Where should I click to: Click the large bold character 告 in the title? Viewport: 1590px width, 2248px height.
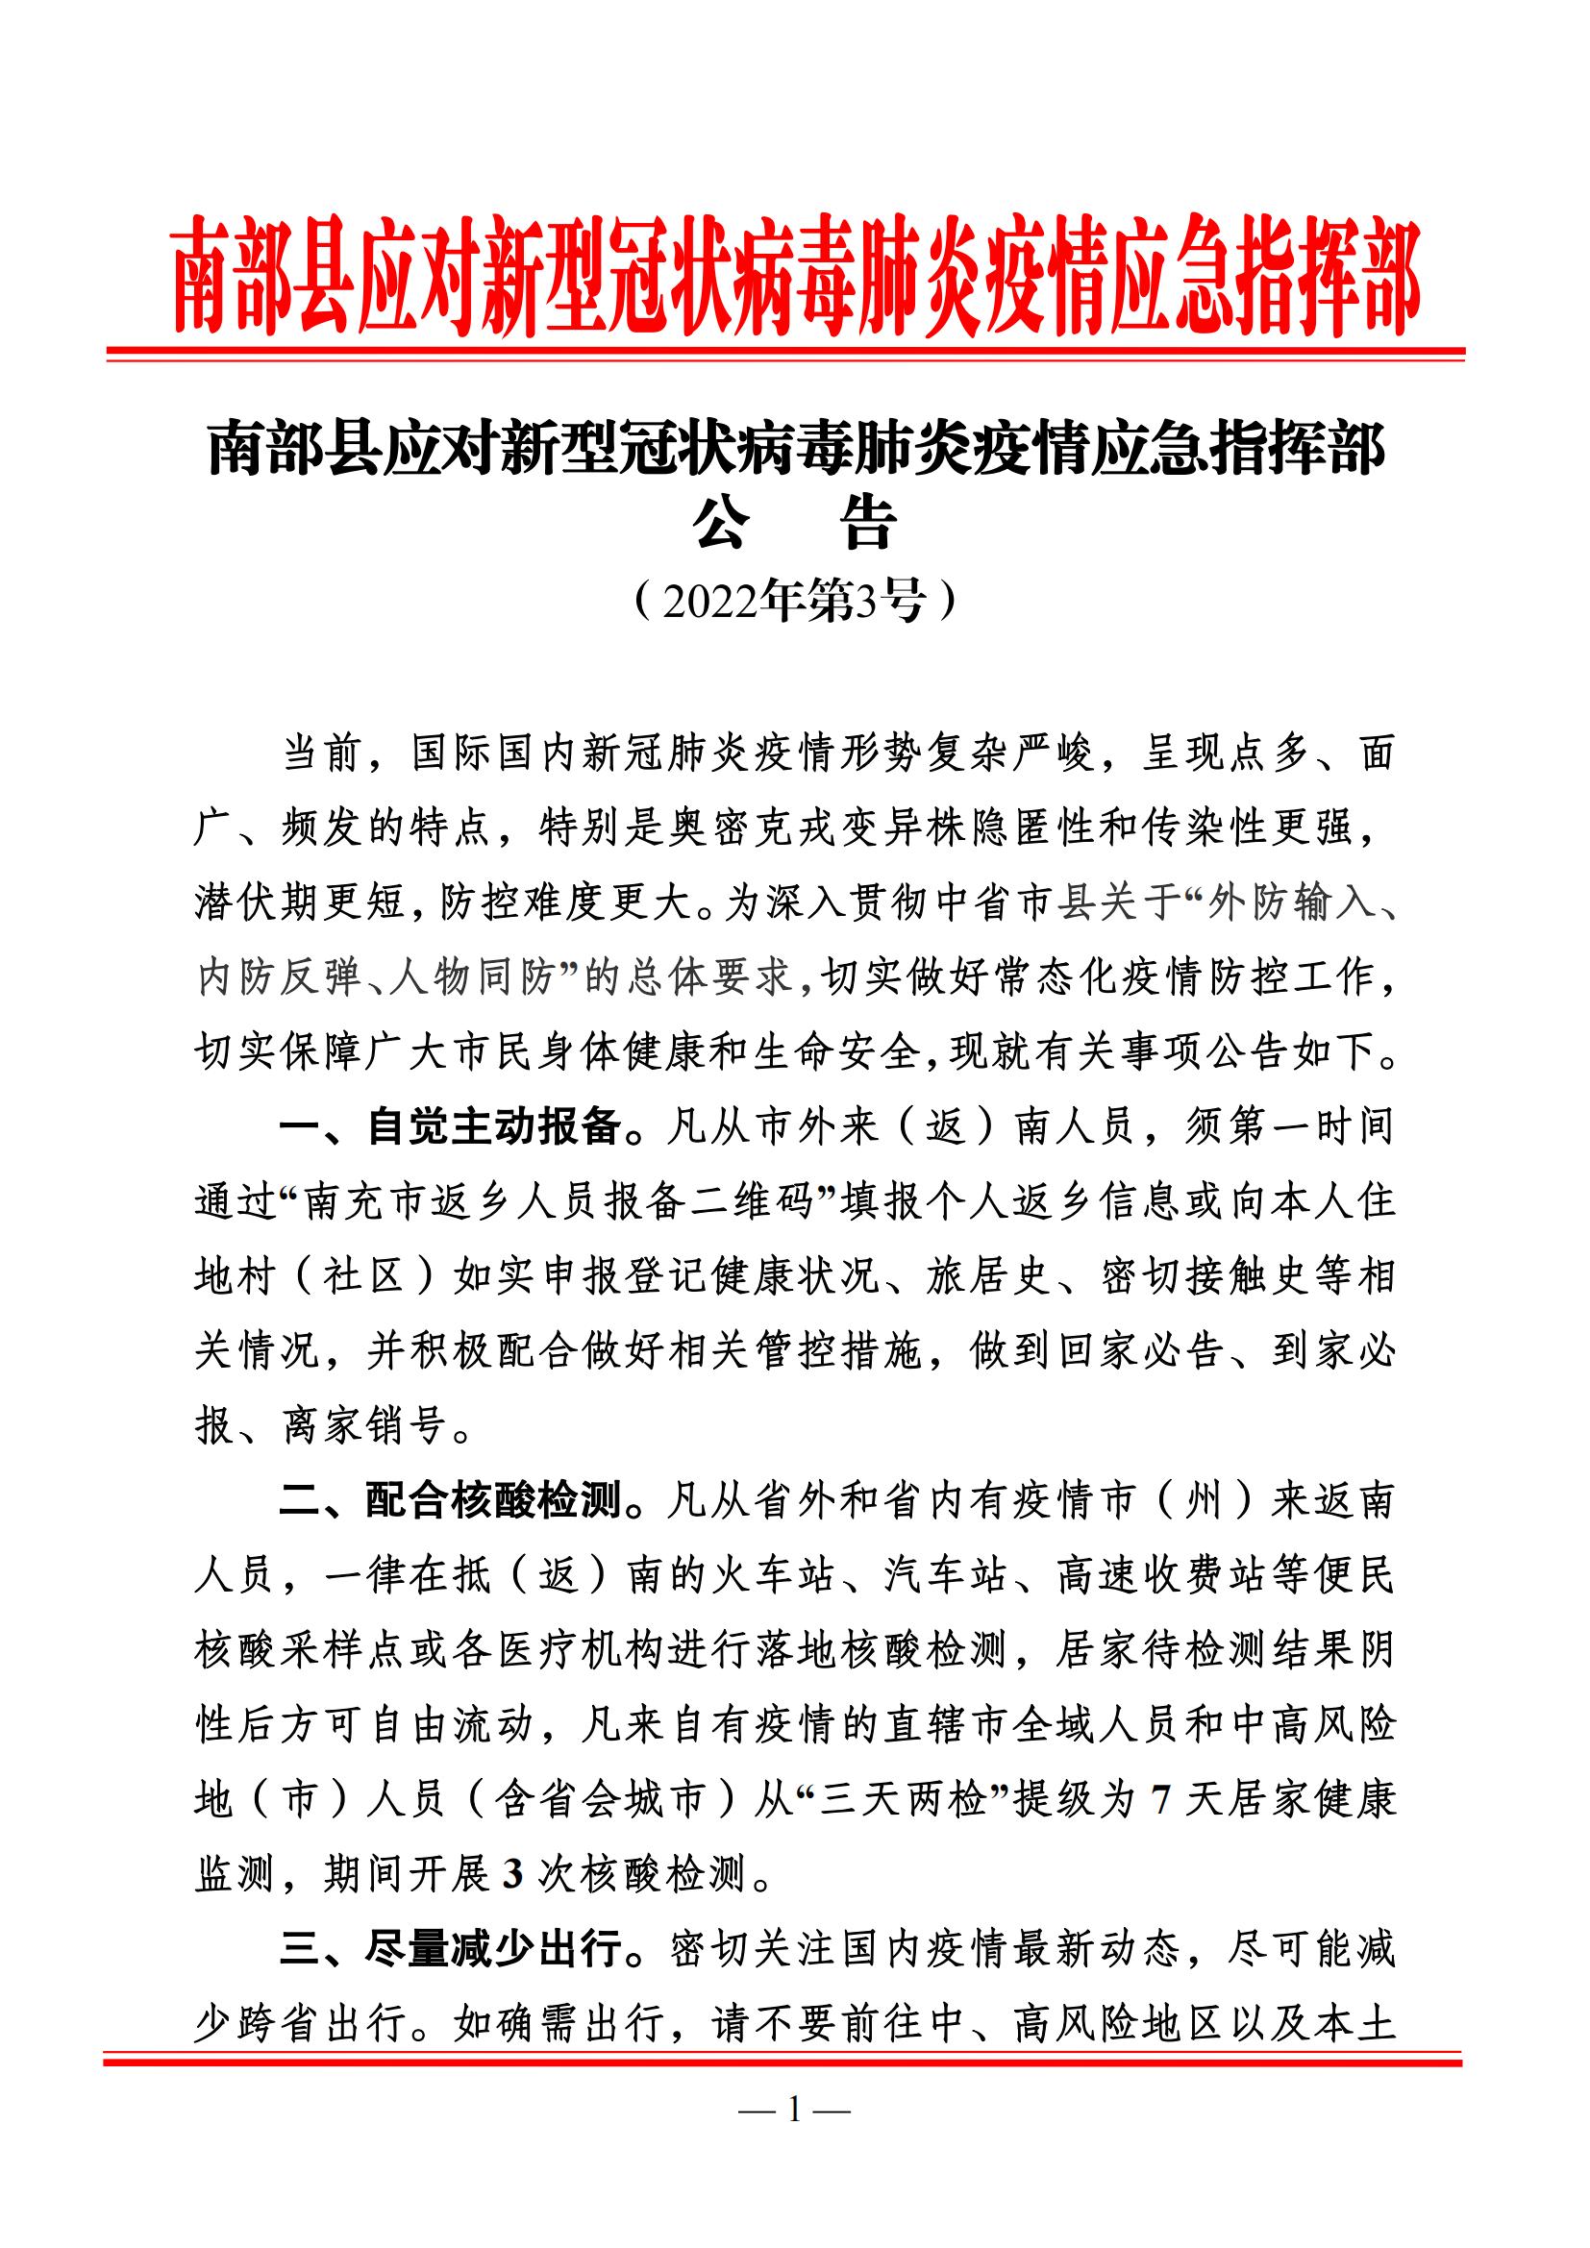click(x=868, y=526)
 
